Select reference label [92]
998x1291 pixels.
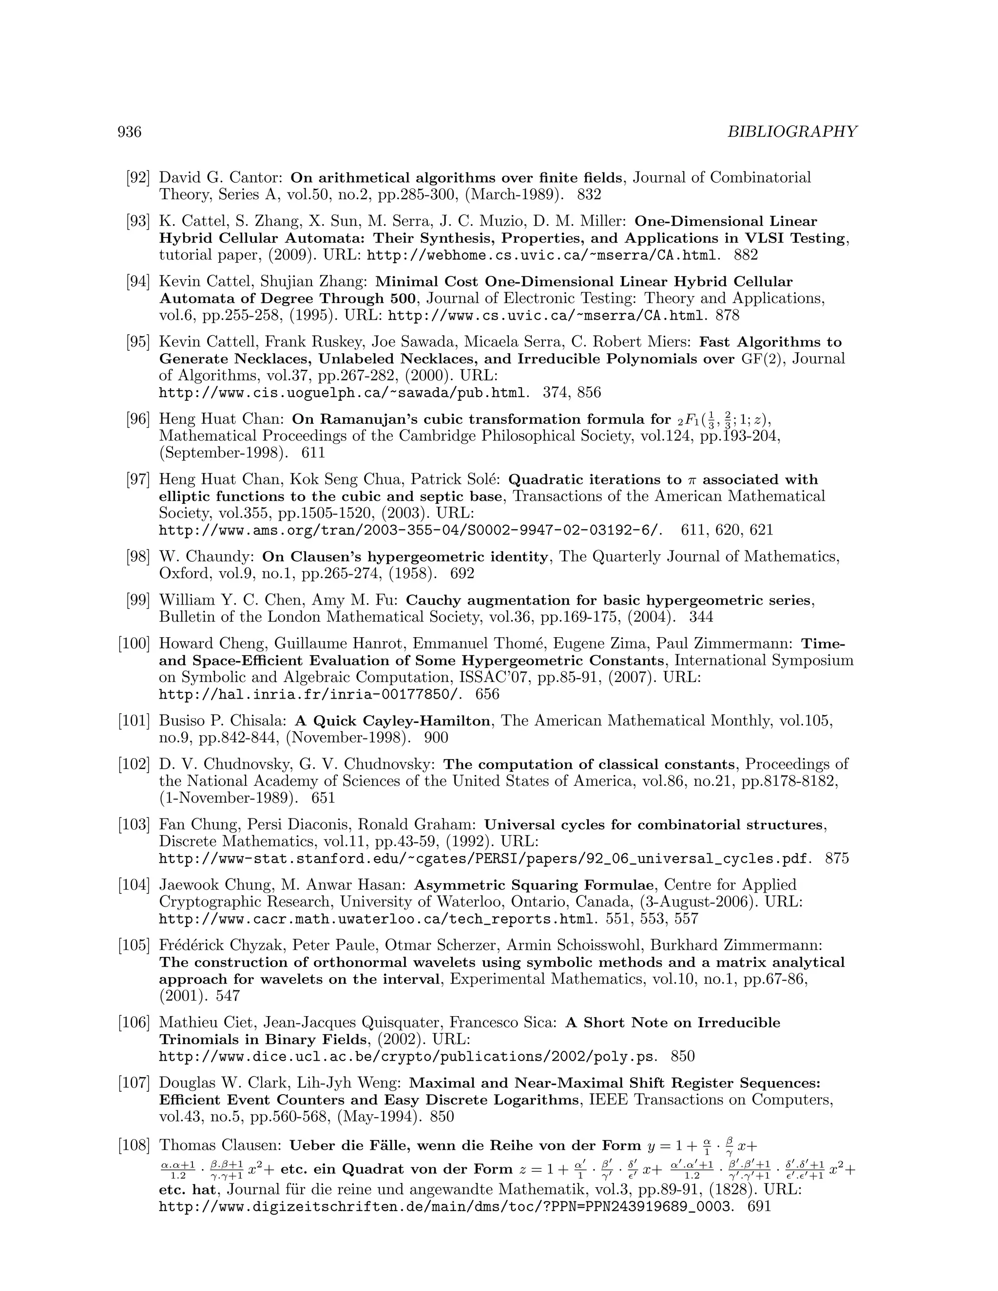click(x=138, y=177)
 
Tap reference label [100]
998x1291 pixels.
click(x=134, y=644)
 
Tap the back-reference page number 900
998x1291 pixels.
click(x=436, y=738)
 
